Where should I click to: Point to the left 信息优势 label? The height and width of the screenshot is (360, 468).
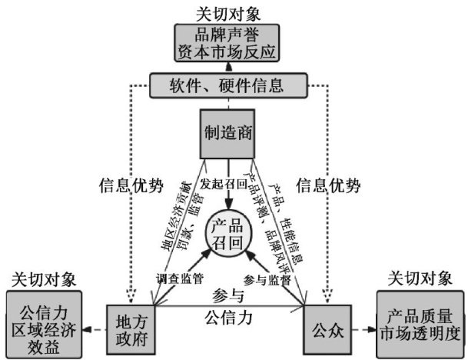pos(132,185)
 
